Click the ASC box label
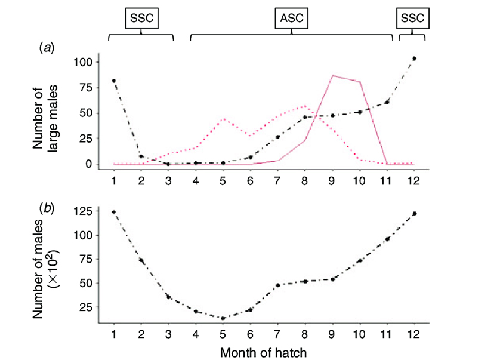pyautogui.click(x=292, y=19)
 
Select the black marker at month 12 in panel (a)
pyautogui.click(x=414, y=59)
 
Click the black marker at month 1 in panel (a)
pyautogui.click(x=113, y=81)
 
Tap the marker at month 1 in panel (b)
pyautogui.click(x=113, y=212)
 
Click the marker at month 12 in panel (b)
pyautogui.click(x=414, y=213)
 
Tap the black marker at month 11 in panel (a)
pyautogui.click(x=387, y=102)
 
